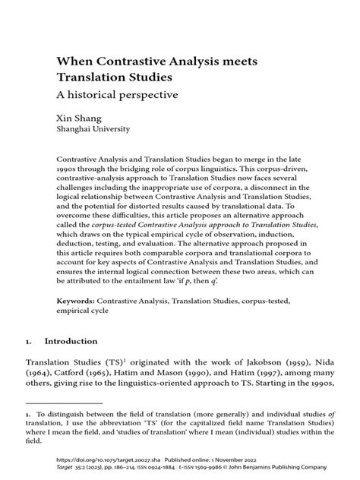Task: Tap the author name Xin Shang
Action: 81,118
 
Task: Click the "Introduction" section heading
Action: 72,342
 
